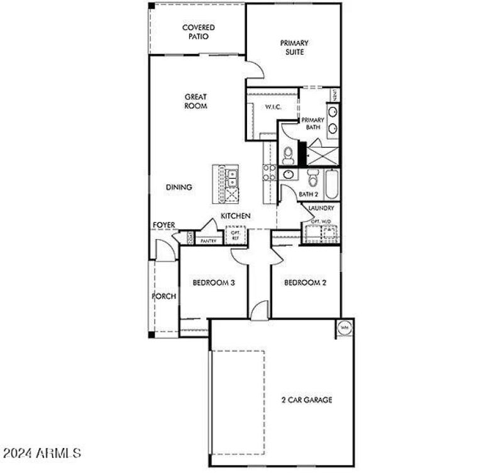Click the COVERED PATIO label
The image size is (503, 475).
pyautogui.click(x=198, y=32)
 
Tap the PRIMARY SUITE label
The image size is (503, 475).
pyautogui.click(x=294, y=48)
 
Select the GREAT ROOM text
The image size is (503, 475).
pyautogui.click(x=196, y=101)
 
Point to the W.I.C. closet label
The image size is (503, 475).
pyautogui.click(x=272, y=108)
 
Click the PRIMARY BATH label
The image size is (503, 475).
pyautogui.click(x=312, y=123)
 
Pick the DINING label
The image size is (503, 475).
pyautogui.click(x=179, y=187)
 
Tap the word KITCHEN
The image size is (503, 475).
pyautogui.click(x=236, y=216)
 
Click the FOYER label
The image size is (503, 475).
pyautogui.click(x=163, y=225)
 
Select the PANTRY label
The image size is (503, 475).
pyautogui.click(x=208, y=240)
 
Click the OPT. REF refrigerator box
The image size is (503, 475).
pyautogui.click(x=236, y=236)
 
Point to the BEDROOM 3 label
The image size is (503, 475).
pyautogui.click(x=213, y=283)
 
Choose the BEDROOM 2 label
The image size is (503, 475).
pyautogui.click(x=305, y=283)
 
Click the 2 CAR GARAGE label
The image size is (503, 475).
pyautogui.click(x=306, y=400)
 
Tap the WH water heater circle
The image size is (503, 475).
pyautogui.click(x=345, y=327)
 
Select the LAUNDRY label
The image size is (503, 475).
pyautogui.click(x=321, y=208)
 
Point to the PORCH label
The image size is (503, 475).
pyautogui.click(x=164, y=296)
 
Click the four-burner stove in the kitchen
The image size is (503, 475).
pyautogui.click(x=269, y=172)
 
